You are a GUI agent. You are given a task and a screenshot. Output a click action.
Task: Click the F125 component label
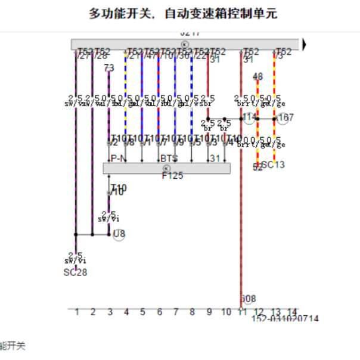172,176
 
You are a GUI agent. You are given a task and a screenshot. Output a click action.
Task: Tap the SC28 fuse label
75,272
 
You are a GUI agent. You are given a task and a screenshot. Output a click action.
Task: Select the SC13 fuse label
273,165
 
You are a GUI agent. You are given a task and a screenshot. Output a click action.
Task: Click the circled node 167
285,118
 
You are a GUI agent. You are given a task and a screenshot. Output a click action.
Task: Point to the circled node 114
249,117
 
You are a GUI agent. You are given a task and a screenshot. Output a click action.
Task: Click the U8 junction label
119,234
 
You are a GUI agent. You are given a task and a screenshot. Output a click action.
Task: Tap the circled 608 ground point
247,299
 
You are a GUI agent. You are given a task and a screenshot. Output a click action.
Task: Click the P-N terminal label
118,158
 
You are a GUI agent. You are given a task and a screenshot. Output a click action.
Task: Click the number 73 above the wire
108,69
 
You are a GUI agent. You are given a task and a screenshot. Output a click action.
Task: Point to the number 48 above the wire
257,76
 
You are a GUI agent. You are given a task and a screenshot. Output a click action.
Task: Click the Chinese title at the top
183,13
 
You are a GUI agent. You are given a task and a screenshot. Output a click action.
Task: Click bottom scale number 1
77,312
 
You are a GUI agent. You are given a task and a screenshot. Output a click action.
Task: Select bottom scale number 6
159,312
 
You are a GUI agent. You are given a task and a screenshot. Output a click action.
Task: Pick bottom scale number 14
291,312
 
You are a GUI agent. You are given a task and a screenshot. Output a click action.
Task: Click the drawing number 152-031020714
284,319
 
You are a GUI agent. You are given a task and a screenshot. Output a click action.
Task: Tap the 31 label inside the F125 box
215,158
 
